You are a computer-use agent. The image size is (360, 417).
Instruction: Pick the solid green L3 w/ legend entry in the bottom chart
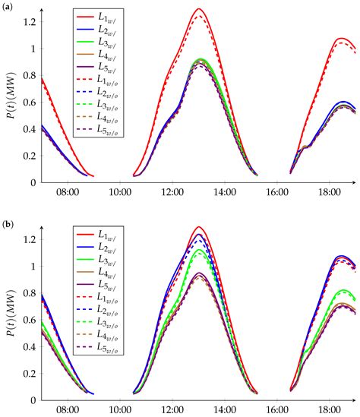point(99,261)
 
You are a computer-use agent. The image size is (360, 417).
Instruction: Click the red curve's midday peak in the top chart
point(199,9)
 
